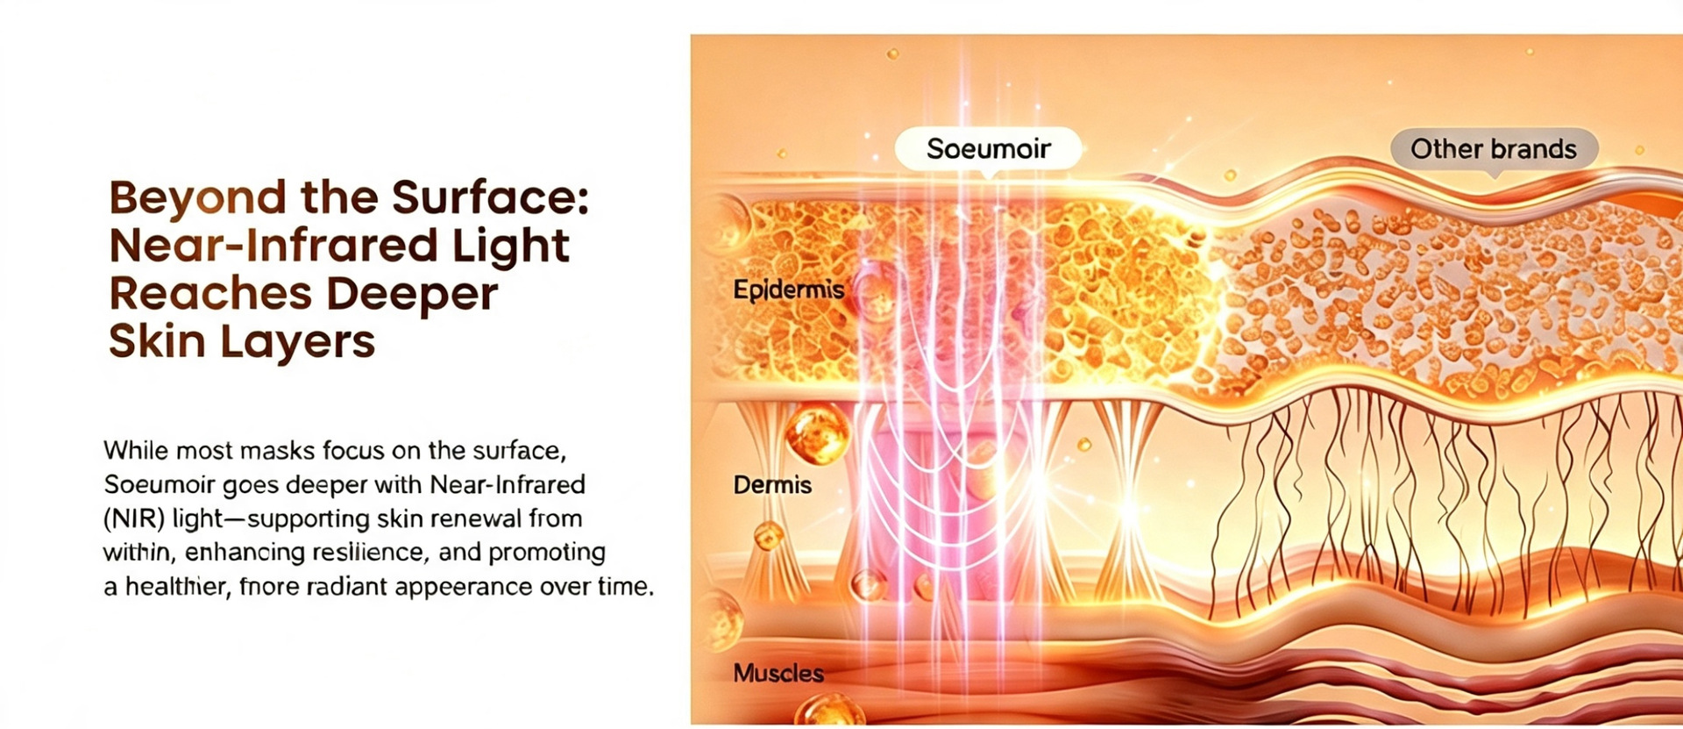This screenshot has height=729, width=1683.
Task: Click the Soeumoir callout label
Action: [988, 149]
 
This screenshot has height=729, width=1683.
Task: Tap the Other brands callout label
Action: [1494, 149]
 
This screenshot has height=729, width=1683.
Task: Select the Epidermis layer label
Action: [789, 290]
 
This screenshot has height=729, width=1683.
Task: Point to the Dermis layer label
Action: [772, 485]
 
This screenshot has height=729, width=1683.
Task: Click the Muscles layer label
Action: [778, 674]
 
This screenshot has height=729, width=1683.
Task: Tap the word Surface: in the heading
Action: [490, 197]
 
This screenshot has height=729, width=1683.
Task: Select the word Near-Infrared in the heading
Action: [273, 246]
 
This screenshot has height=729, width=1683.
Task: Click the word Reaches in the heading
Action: [210, 294]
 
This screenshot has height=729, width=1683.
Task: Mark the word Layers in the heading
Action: [297, 343]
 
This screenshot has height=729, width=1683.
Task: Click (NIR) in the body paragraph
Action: [134, 519]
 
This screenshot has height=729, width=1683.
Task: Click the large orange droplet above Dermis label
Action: [817, 433]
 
